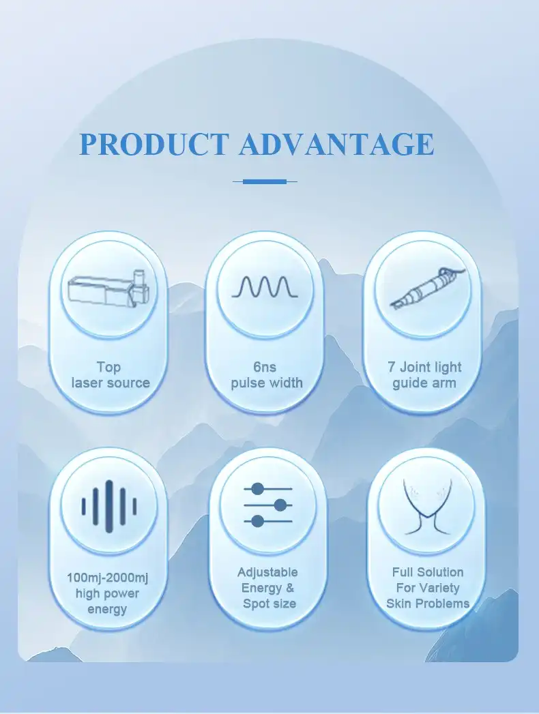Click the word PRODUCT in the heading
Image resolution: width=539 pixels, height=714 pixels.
pyautogui.click(x=154, y=145)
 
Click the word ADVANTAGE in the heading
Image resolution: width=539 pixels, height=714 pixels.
pyautogui.click(x=336, y=145)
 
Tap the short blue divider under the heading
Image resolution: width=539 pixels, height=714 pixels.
pyautogui.click(x=265, y=181)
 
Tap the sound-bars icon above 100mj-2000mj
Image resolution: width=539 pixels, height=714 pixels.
pyautogui.click(x=109, y=505)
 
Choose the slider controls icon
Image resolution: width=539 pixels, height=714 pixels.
pyautogui.click(x=267, y=505)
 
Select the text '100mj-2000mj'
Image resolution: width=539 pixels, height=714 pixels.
pyautogui.click(x=107, y=578)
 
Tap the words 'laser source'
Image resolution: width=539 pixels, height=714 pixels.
pyautogui.click(x=110, y=383)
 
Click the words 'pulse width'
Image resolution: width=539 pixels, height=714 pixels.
pyautogui.click(x=266, y=383)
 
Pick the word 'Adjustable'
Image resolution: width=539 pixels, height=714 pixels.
pyautogui.click(x=267, y=572)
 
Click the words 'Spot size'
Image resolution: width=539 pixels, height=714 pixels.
pyautogui.click(x=269, y=604)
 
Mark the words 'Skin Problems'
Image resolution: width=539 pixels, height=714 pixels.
pyautogui.click(x=428, y=604)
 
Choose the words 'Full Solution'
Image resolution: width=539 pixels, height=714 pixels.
pyautogui.click(x=428, y=572)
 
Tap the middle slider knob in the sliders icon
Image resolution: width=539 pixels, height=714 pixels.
pyautogui.click(x=280, y=505)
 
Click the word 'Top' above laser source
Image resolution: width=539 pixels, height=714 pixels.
pyautogui.click(x=108, y=367)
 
